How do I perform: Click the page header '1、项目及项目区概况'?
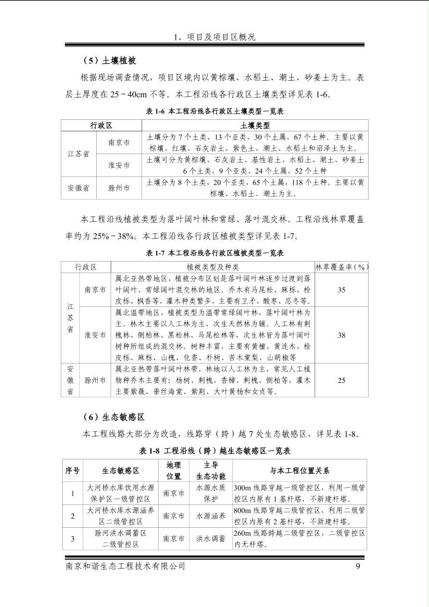click(x=214, y=37)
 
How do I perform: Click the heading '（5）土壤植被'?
click(x=110, y=61)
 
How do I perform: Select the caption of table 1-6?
click(x=214, y=111)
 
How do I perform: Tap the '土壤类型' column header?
click(x=255, y=126)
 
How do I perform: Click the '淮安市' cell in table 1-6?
click(x=119, y=165)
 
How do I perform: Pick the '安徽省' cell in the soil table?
click(x=78, y=188)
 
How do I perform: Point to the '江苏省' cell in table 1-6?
click(x=78, y=154)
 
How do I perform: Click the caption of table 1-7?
click(x=214, y=253)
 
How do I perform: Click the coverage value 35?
click(x=341, y=290)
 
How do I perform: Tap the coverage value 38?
click(x=341, y=335)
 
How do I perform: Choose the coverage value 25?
click(x=341, y=380)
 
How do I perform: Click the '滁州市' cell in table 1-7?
click(x=95, y=380)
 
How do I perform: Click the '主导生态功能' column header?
click(x=211, y=470)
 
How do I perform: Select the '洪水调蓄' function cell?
click(x=211, y=539)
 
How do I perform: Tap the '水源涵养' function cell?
click(x=211, y=516)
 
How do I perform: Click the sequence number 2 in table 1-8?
click(x=73, y=516)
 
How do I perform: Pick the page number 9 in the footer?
click(x=358, y=566)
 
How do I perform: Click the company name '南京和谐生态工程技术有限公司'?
click(x=125, y=566)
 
